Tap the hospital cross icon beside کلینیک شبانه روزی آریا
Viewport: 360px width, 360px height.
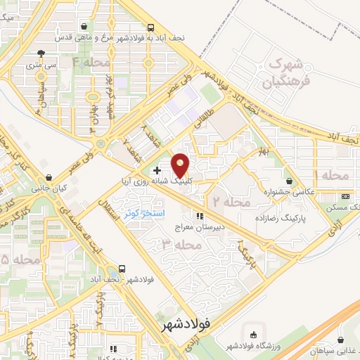point(157,170)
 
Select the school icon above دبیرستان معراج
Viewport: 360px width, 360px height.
point(200,217)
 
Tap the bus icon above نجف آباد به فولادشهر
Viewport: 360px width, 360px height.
point(151,27)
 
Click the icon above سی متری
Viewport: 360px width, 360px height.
point(43,53)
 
